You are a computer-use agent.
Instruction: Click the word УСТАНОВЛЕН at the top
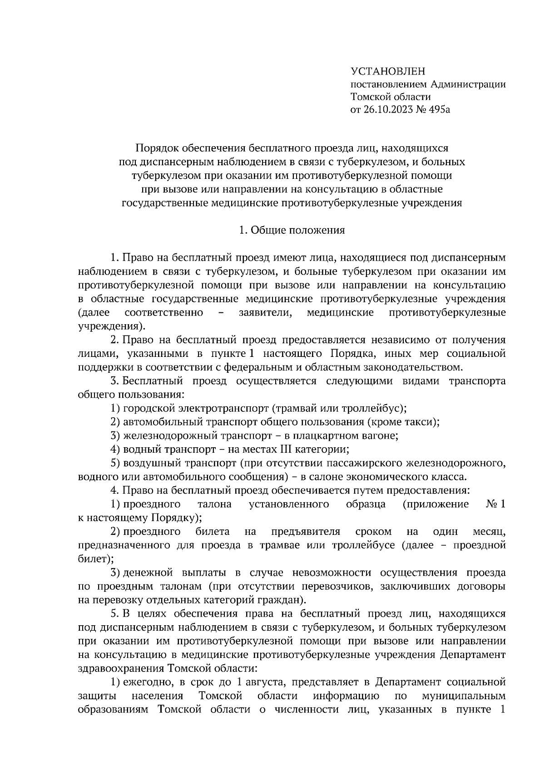(x=389, y=71)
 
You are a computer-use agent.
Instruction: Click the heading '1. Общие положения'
(x=292, y=230)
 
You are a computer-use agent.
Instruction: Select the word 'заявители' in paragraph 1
(x=267, y=312)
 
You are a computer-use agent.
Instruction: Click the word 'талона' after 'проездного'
(x=215, y=504)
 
